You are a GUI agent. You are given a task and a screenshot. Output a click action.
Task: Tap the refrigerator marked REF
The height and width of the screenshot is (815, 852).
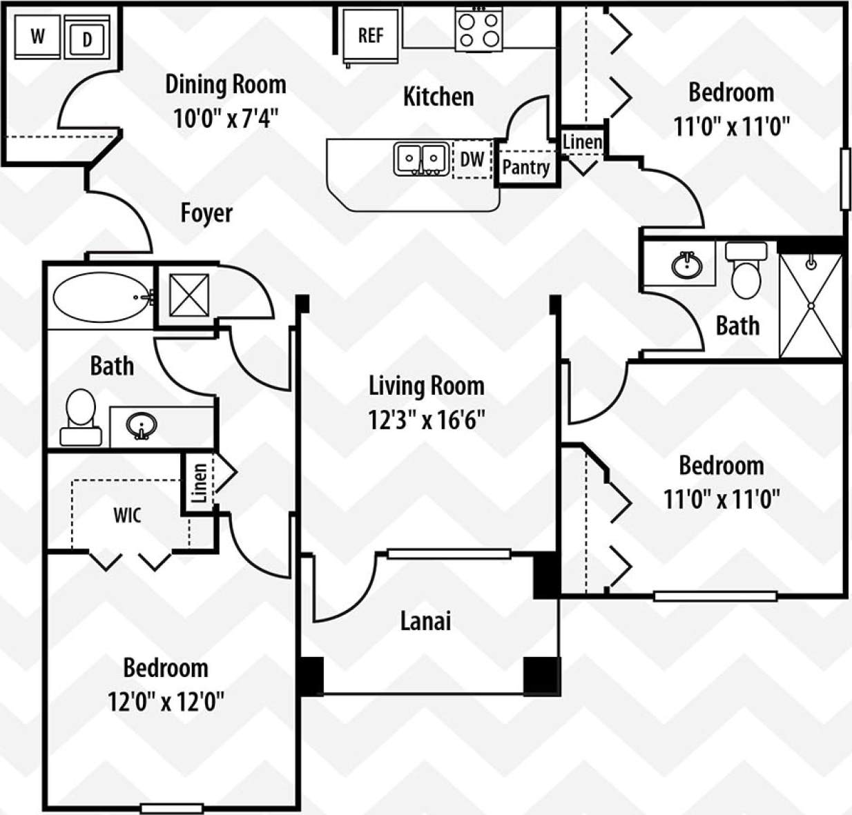click(x=371, y=35)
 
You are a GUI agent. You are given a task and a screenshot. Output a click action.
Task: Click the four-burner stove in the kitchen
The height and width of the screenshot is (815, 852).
click(x=478, y=29)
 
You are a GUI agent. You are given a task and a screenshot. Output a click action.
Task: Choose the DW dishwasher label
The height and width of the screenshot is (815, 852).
click(x=472, y=159)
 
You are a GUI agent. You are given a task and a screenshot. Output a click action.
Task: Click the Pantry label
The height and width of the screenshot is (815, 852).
click(x=525, y=167)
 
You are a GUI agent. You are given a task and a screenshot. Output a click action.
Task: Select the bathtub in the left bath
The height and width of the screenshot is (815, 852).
click(x=101, y=297)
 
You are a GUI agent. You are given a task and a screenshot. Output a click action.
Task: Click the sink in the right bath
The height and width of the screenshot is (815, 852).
click(x=686, y=264)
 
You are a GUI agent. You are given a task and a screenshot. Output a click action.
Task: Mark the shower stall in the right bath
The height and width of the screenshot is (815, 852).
click(x=811, y=305)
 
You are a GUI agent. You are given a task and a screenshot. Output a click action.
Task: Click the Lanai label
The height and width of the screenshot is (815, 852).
click(x=425, y=621)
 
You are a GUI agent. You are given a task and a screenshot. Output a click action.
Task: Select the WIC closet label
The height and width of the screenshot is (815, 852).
click(x=127, y=515)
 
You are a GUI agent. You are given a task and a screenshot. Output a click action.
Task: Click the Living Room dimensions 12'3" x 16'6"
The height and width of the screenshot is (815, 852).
click(x=426, y=420)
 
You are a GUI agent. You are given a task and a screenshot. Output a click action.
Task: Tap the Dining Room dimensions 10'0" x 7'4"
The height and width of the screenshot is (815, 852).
click(x=225, y=118)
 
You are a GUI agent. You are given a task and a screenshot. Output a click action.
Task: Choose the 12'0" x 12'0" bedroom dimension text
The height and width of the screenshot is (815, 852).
click(x=166, y=702)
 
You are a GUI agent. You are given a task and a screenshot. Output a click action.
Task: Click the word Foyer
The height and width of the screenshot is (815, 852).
click(x=206, y=213)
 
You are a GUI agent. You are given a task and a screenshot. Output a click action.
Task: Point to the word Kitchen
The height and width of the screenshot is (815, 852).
click(x=438, y=97)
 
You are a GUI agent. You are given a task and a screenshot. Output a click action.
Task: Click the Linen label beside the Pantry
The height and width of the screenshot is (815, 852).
click(x=582, y=142)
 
